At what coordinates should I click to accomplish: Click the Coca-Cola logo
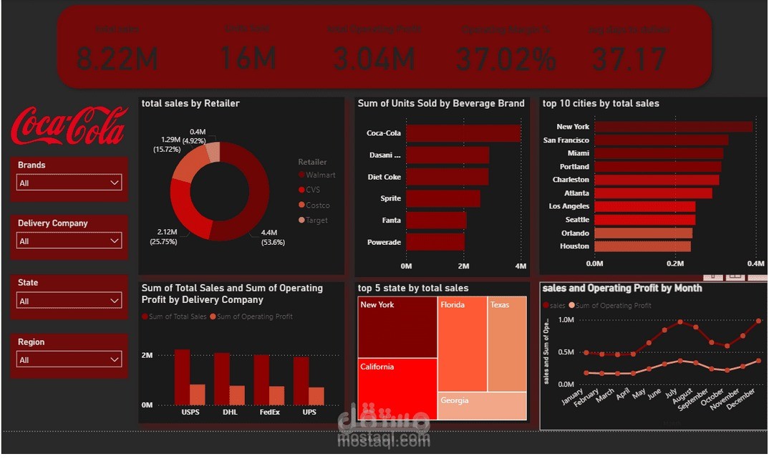click(69, 125)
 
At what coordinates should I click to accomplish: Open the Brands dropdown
click(69, 183)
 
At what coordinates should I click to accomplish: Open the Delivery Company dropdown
click(69, 241)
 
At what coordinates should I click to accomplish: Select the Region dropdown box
click(69, 360)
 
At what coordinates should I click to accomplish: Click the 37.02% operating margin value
click(506, 59)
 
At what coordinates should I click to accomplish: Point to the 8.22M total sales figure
click(117, 59)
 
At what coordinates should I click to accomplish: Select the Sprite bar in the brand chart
click(443, 198)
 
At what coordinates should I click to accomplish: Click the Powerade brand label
click(384, 243)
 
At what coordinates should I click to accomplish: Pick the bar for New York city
click(673, 127)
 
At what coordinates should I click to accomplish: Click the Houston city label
click(574, 246)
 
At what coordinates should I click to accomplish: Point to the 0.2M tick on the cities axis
click(675, 264)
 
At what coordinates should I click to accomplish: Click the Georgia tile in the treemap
click(482, 406)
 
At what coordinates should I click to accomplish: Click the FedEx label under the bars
click(269, 412)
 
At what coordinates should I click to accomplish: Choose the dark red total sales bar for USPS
click(183, 377)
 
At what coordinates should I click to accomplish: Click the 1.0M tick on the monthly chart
click(565, 320)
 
